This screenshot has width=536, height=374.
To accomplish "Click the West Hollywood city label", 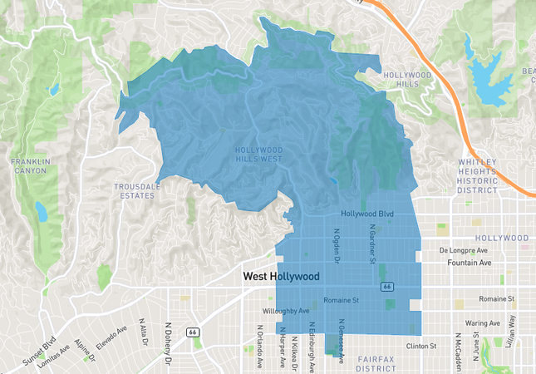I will coord(281,275).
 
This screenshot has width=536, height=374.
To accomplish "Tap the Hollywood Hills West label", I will coord(258,155).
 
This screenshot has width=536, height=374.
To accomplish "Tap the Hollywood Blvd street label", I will coord(366,214).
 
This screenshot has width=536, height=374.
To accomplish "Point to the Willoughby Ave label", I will coord(286,312).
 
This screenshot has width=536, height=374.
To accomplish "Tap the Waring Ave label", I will coord(482,322).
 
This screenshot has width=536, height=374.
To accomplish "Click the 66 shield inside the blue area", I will coord(386,286).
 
